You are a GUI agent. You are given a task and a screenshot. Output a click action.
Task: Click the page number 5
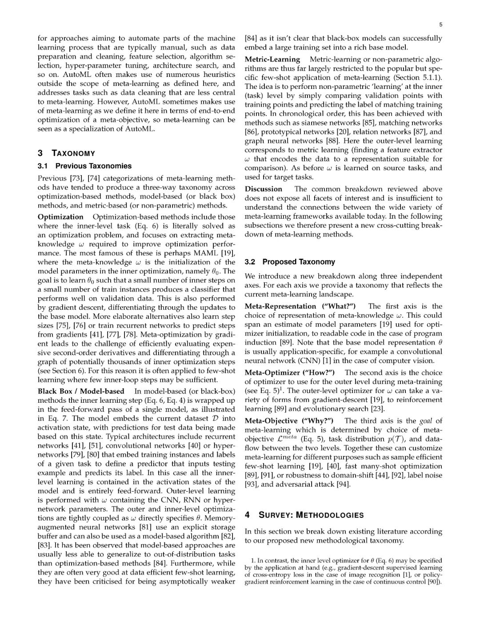click(440, 25)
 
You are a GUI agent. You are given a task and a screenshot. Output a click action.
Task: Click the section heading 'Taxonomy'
click(73, 153)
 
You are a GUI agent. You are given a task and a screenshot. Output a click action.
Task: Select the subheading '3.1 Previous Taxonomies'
click(84, 166)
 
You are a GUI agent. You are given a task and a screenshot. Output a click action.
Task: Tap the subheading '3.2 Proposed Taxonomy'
click(290, 262)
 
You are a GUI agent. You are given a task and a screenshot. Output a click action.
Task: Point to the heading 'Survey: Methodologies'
click(311, 515)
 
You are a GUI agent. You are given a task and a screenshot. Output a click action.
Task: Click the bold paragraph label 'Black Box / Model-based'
click(81, 391)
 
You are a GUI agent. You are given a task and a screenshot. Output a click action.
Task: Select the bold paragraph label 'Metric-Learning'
click(272, 59)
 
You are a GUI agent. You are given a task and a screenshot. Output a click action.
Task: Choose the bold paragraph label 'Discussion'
click(264, 189)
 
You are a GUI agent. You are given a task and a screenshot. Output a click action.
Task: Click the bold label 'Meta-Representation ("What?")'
click(300, 306)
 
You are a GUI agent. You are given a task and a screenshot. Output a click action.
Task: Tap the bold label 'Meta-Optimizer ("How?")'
click(290, 373)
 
